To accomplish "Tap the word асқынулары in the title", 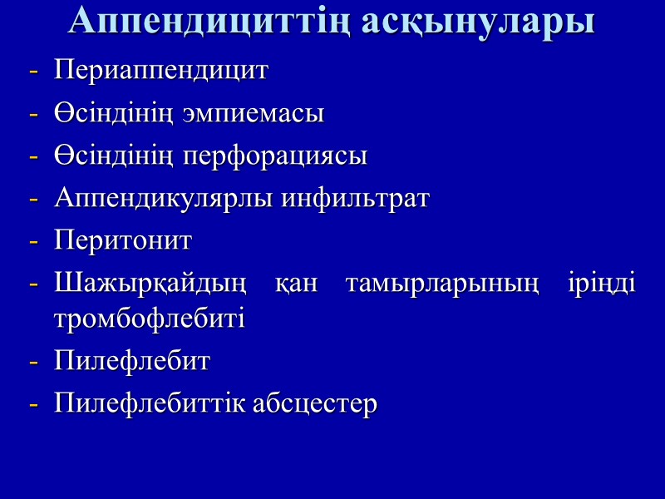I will [x=479, y=22].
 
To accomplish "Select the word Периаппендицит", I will [x=161, y=70].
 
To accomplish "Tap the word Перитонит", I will [x=123, y=242].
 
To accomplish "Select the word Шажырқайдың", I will [x=151, y=285].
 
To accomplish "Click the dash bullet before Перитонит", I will [x=34, y=243].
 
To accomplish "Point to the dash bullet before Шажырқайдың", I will [x=34, y=286].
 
